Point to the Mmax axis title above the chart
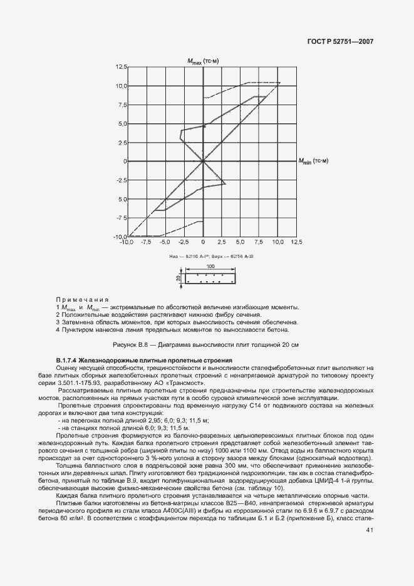[202, 61]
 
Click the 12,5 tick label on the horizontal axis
[296, 242]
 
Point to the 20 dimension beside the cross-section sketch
[179, 277]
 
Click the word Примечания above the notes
[81, 300]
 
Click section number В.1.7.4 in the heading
[68, 360]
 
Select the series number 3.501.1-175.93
[89, 383]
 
